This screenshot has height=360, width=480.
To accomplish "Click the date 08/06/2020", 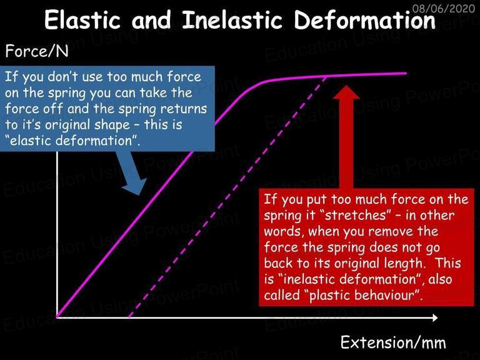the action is click(x=444, y=8).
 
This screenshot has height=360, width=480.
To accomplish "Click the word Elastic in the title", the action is click(x=82, y=20).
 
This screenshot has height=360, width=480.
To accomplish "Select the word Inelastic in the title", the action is click(x=232, y=20).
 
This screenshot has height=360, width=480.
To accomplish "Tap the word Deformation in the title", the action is click(x=364, y=20).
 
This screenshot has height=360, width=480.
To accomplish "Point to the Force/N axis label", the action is click(x=37, y=51).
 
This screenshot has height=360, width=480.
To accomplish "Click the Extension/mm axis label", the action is click(x=393, y=342).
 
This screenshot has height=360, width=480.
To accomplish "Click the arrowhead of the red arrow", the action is click(x=346, y=92).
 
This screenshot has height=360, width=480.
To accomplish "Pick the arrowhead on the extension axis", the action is click(x=435, y=317).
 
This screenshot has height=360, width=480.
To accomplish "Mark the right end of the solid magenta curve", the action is click(x=406, y=73).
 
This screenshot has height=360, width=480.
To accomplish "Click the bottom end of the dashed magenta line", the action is click(x=129, y=316).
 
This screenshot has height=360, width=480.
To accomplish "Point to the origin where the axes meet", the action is click(x=57, y=317).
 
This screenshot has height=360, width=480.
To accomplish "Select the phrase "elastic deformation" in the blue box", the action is click(x=73, y=141).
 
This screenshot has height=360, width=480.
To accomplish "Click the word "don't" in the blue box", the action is click(x=61, y=76).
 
